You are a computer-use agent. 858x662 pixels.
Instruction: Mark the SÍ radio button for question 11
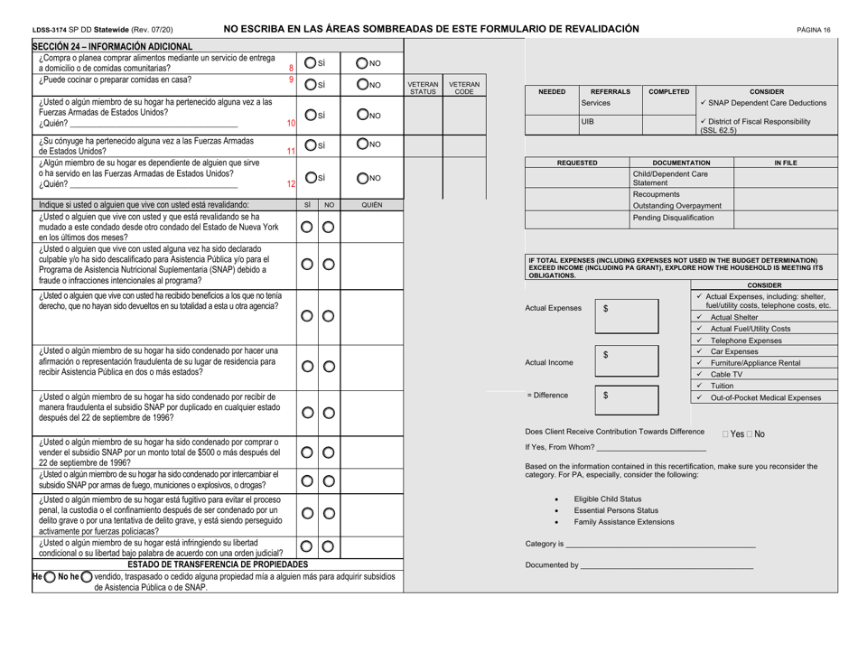[309, 147]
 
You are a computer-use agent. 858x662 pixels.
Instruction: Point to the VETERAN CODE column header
[462, 87]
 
